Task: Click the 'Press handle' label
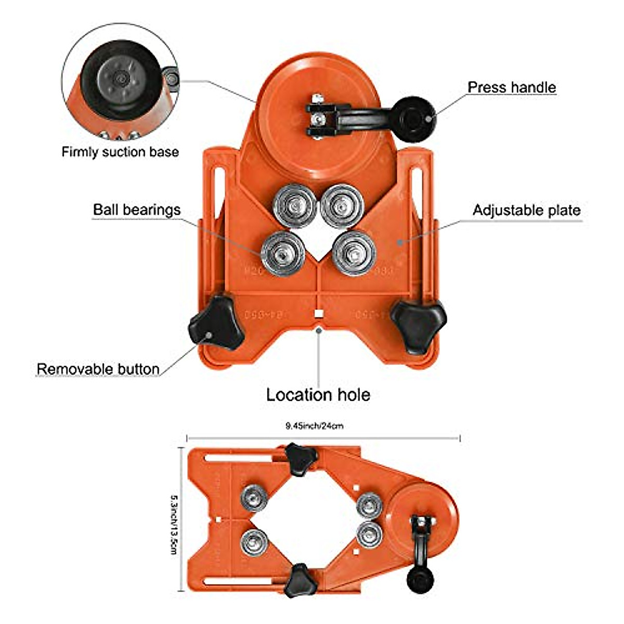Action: [512, 87]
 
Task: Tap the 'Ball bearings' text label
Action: [137, 210]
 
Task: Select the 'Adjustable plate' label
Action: [526, 210]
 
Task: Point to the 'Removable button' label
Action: [98, 369]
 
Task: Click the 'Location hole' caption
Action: [318, 394]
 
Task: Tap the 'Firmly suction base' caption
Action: [120, 152]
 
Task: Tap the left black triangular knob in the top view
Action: [216, 327]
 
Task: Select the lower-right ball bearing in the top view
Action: [354, 253]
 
